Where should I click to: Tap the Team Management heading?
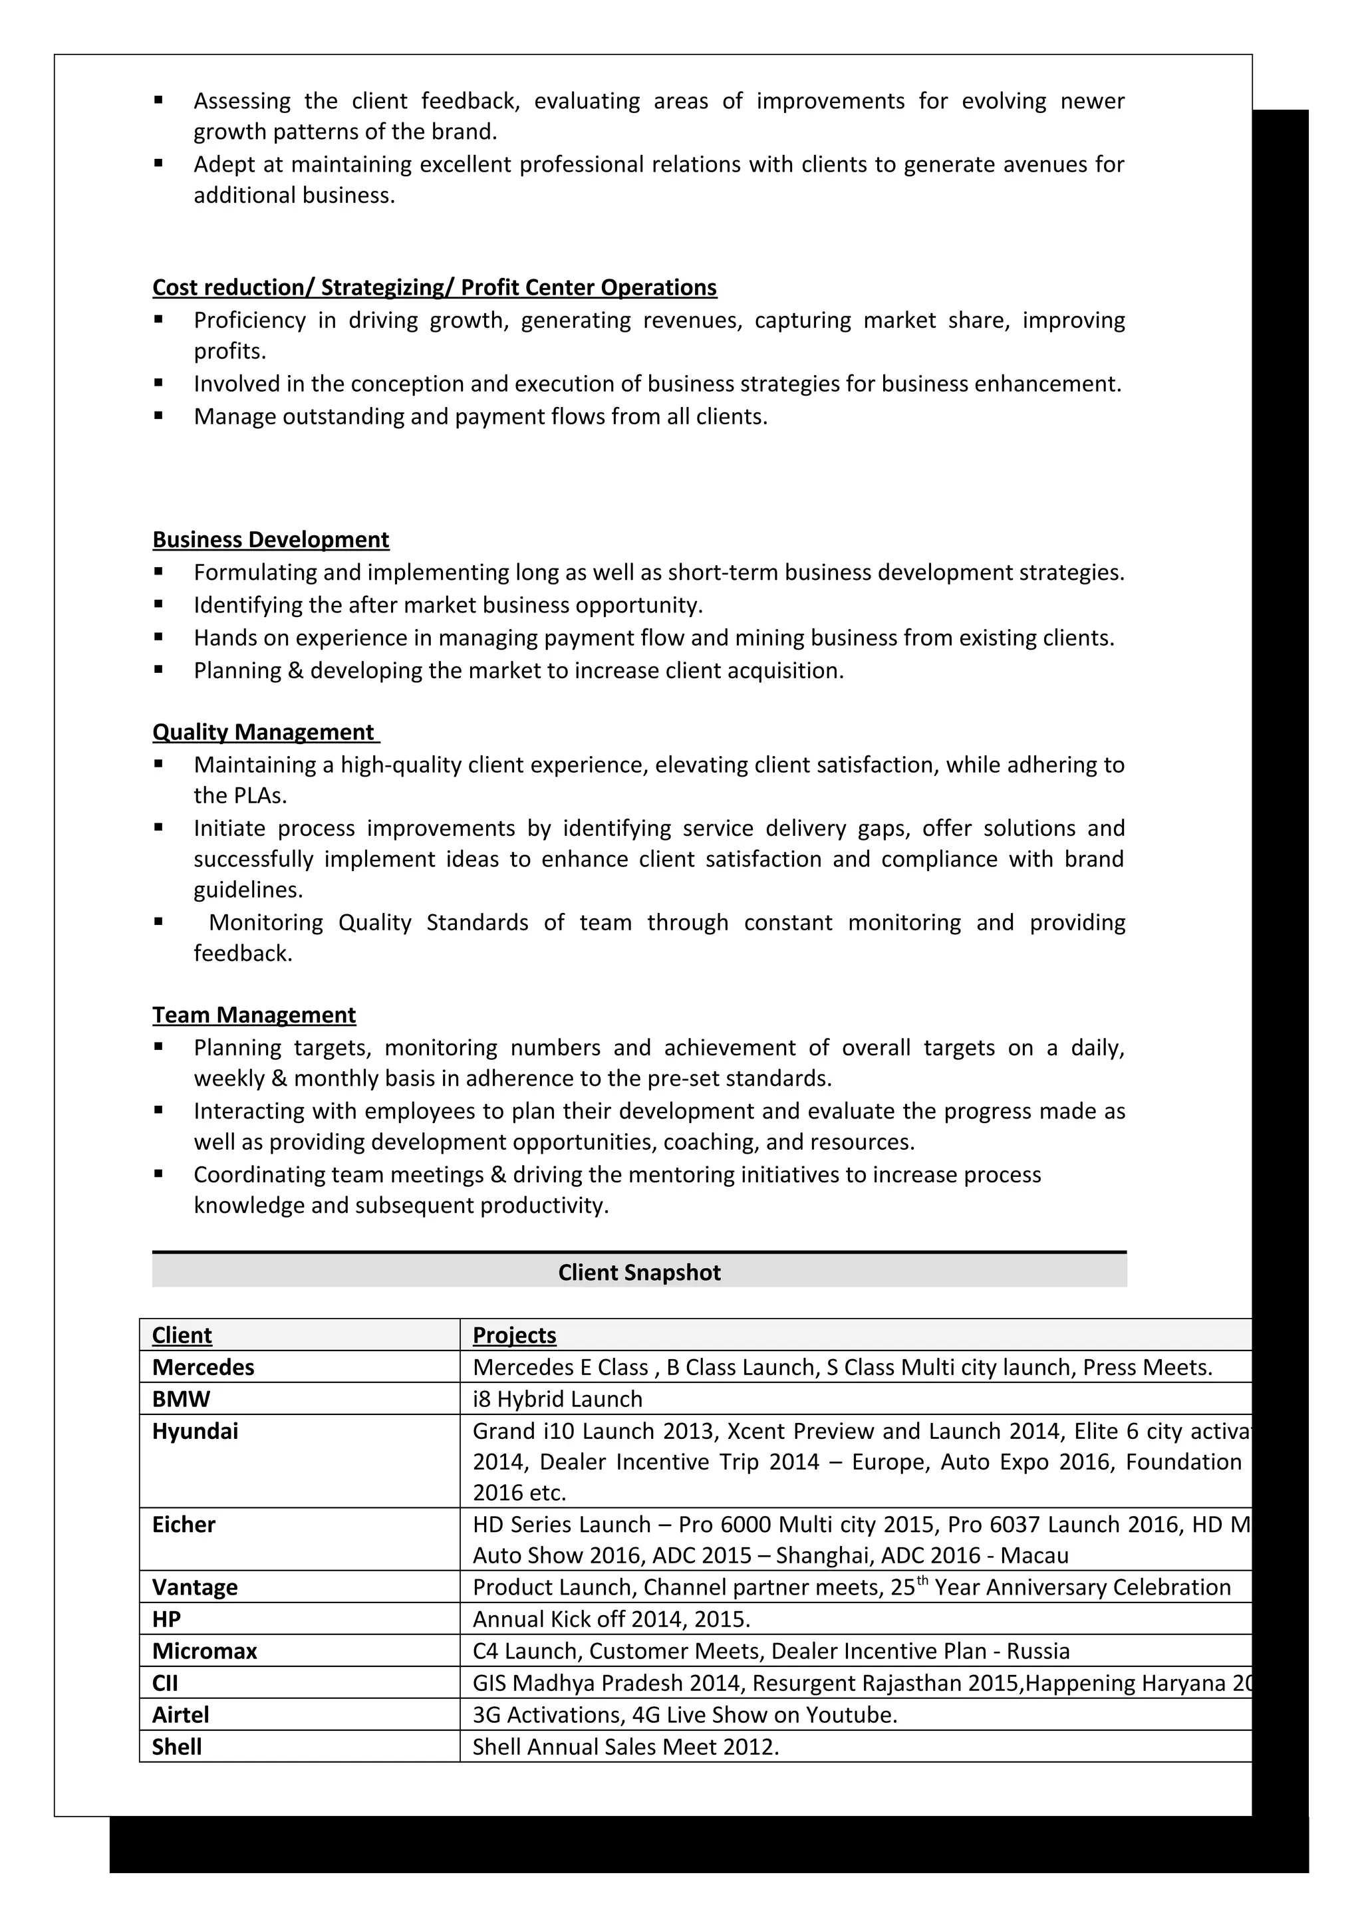click(253, 1015)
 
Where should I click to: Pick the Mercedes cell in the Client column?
click(203, 1367)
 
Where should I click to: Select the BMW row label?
click(182, 1399)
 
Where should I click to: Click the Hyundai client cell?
click(195, 1431)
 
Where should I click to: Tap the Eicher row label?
click(184, 1524)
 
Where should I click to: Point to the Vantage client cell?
click(195, 1587)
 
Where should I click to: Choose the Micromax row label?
click(205, 1651)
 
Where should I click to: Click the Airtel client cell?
click(180, 1715)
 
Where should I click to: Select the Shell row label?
click(177, 1747)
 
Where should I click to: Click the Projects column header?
click(515, 1335)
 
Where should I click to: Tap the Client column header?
click(182, 1335)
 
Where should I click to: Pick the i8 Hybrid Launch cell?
click(557, 1399)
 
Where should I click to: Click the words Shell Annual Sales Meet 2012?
click(625, 1747)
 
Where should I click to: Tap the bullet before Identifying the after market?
click(158, 604)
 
